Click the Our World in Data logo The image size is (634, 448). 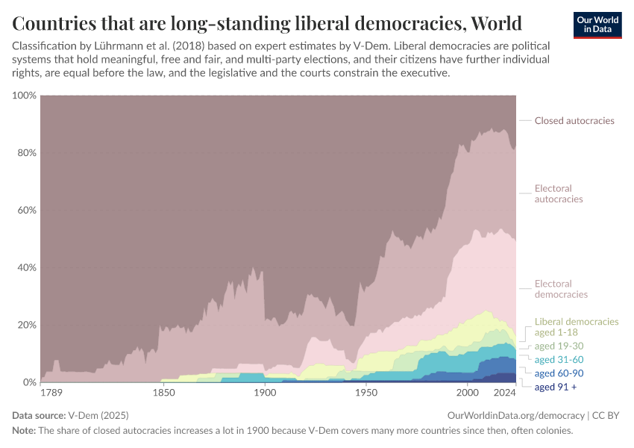[597, 25]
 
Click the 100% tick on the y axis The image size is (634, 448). [24, 96]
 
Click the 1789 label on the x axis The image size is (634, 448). [51, 393]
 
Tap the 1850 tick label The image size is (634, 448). [162, 393]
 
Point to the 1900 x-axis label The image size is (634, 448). [264, 393]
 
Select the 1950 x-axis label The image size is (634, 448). [365, 393]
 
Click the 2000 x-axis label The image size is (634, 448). [467, 393]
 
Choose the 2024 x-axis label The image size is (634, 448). [505, 393]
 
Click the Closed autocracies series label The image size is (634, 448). [574, 120]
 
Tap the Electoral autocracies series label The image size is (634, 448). [559, 193]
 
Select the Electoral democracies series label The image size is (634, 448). [561, 289]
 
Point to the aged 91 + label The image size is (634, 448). [556, 387]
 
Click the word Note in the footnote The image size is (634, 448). [25, 431]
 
